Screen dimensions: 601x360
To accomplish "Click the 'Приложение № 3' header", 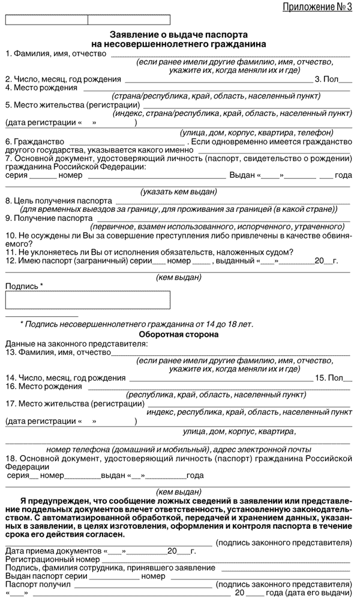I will (317, 7).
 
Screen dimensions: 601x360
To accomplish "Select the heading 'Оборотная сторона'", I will (178, 334).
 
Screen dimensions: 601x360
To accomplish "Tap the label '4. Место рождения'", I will (41, 87).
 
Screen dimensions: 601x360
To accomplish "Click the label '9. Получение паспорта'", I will (49, 218).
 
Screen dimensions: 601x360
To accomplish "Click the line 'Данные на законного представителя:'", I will (76, 343).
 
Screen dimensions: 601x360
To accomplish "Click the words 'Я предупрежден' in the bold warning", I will (53, 500).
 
